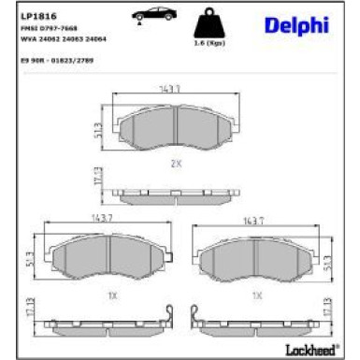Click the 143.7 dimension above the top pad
pos(172,89)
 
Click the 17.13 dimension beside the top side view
pos(96,177)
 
